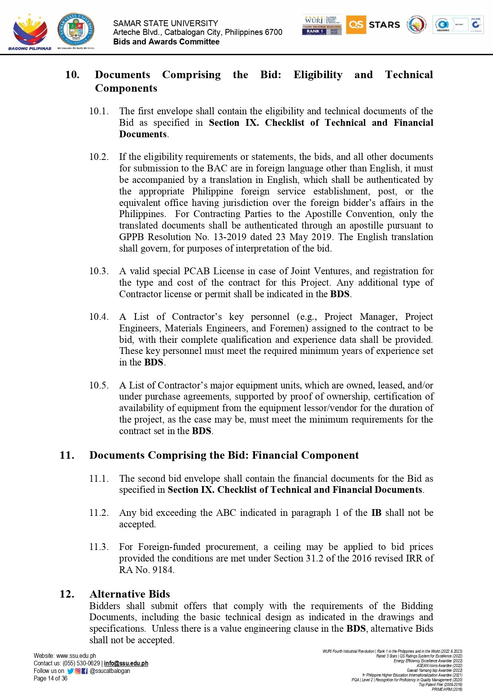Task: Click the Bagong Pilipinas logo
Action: coord(30,32)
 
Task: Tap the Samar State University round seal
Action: coord(76,29)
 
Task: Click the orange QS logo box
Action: coord(356,25)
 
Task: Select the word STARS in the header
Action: coord(384,25)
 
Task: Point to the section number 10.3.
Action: coord(99,271)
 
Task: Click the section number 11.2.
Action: coord(99,513)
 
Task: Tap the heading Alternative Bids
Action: coord(130,594)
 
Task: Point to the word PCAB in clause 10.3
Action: coord(197,271)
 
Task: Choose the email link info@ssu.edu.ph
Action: coord(126,663)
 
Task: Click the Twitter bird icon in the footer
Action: coord(70,671)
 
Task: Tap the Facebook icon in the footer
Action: coord(85,671)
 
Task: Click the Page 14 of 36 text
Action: coord(50,679)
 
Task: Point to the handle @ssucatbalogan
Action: coord(110,671)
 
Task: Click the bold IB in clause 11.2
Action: coord(376,513)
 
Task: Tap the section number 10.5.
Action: coord(99,385)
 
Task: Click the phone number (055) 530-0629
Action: coord(81,663)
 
